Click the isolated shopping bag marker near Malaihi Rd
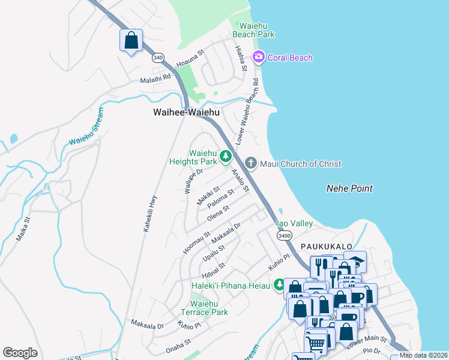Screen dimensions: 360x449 click(131, 41)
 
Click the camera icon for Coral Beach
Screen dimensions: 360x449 click(259, 58)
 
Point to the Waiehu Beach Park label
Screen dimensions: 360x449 click(257, 30)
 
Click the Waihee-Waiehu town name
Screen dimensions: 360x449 click(186, 112)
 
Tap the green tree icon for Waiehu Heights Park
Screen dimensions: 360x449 click(226, 157)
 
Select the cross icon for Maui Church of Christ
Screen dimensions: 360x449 click(250, 163)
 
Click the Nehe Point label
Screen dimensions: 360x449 click(349, 188)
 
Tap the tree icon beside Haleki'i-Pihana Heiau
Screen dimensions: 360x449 click(279, 284)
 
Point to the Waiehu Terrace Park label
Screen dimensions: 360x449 click(205, 308)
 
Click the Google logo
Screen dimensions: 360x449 click(20, 353)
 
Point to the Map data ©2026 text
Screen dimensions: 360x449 click(423, 355)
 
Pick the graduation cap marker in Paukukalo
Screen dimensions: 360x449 click(355, 261)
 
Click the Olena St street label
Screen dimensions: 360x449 click(218, 212)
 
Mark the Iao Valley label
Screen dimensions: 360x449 click(294, 223)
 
